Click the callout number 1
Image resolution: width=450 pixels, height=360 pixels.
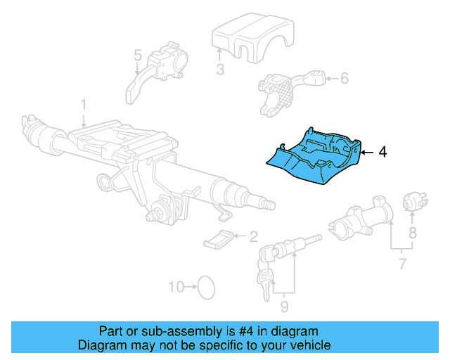[83, 105]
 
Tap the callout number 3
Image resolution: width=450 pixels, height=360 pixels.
[219, 69]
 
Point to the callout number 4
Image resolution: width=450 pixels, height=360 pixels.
[382, 151]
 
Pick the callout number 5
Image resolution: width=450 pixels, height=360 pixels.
[137, 54]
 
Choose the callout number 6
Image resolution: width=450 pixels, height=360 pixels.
[345, 78]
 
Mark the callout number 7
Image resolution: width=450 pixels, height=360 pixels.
[402, 264]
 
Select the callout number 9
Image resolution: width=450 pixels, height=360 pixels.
[284, 306]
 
